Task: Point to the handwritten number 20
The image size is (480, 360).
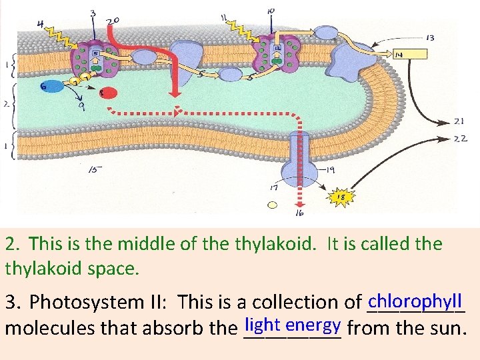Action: pyautogui.click(x=113, y=21)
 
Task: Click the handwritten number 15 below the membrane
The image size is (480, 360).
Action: pyautogui.click(x=96, y=169)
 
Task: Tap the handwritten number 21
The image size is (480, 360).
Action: pyautogui.click(x=459, y=122)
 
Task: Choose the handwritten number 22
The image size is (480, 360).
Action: pyautogui.click(x=460, y=139)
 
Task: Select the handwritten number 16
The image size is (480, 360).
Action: pyautogui.click(x=299, y=213)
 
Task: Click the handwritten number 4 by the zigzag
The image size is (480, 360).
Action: pyautogui.click(x=41, y=25)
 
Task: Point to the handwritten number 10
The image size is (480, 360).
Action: pyautogui.click(x=271, y=11)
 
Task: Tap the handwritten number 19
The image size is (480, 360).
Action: pyautogui.click(x=329, y=171)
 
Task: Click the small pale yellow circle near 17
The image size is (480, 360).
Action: pyautogui.click(x=271, y=205)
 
